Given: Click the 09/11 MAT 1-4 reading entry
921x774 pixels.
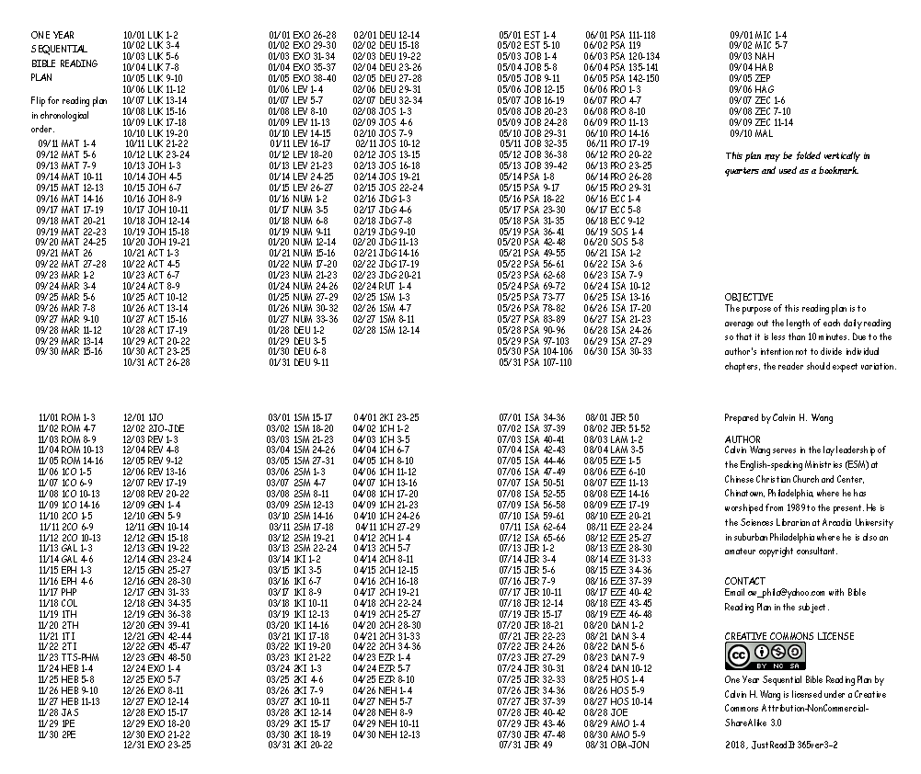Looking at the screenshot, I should [x=66, y=143].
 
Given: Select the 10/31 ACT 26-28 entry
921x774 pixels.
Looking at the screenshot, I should [x=156, y=362].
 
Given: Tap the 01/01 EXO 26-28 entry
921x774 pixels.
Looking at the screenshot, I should [x=302, y=35].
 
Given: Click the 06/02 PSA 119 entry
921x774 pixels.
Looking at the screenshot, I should [x=613, y=45].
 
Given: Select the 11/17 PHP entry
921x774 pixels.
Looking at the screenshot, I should [x=57, y=592].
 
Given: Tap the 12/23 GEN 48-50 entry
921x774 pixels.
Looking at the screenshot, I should [x=157, y=657].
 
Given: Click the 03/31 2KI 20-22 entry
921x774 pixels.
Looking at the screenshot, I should [x=301, y=745].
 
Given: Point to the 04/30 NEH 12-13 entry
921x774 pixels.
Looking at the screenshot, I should [x=387, y=734].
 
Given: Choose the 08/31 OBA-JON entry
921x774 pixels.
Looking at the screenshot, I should [x=617, y=745].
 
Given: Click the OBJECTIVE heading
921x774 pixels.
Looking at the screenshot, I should [x=749, y=298].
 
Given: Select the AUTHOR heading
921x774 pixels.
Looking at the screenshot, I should [x=743, y=440].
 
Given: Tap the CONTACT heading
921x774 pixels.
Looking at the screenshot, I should [x=744, y=581].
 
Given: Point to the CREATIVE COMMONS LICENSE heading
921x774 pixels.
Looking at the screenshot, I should [x=789, y=636].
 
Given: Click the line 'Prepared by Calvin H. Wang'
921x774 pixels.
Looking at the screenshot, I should [x=778, y=418].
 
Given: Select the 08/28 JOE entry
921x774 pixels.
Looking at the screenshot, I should [x=606, y=711].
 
